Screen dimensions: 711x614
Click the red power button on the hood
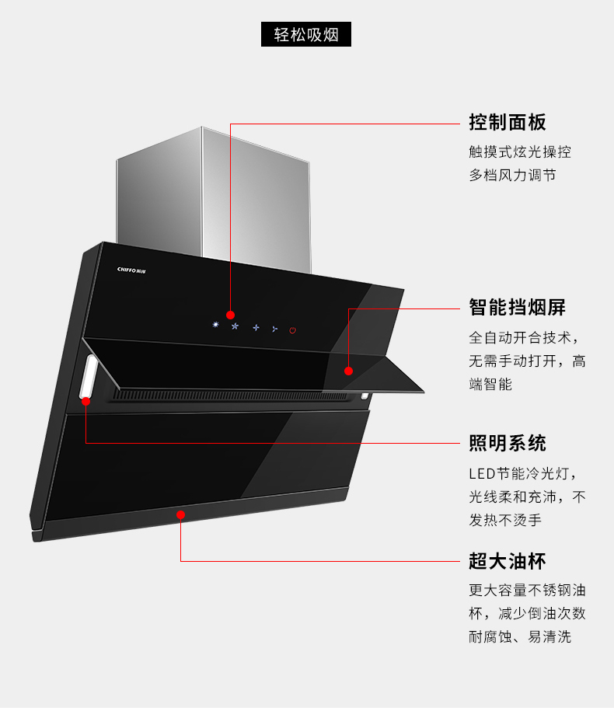pos(292,330)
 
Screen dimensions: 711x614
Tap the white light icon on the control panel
pos(215,324)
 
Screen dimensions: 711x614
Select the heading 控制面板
pos(507,123)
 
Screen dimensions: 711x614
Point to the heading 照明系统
pos(507,444)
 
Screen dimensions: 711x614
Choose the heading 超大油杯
pos(507,561)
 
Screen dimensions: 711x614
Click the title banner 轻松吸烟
pos(306,35)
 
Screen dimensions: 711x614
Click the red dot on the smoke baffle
pos(348,371)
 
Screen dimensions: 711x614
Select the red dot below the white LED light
pos(85,401)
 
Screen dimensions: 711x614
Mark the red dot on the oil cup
pos(180,514)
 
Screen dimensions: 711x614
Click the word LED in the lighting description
pos(481,474)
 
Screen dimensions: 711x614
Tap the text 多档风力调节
pos(512,176)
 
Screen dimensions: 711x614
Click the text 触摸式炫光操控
pos(519,152)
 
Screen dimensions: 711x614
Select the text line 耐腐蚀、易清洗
pos(519,636)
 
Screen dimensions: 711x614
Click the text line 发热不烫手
pos(504,521)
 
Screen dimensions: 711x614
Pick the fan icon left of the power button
pos(274,329)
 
